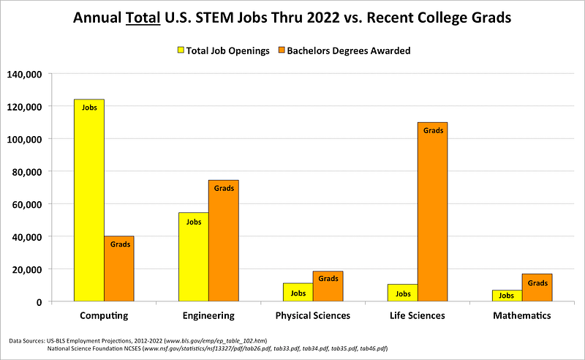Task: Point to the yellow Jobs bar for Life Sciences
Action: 402,293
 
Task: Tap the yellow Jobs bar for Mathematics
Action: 507,296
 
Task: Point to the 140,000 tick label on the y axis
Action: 26,74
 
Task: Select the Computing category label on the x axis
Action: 104,316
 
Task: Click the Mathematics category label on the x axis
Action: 521,316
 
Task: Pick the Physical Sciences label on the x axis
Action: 313,316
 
